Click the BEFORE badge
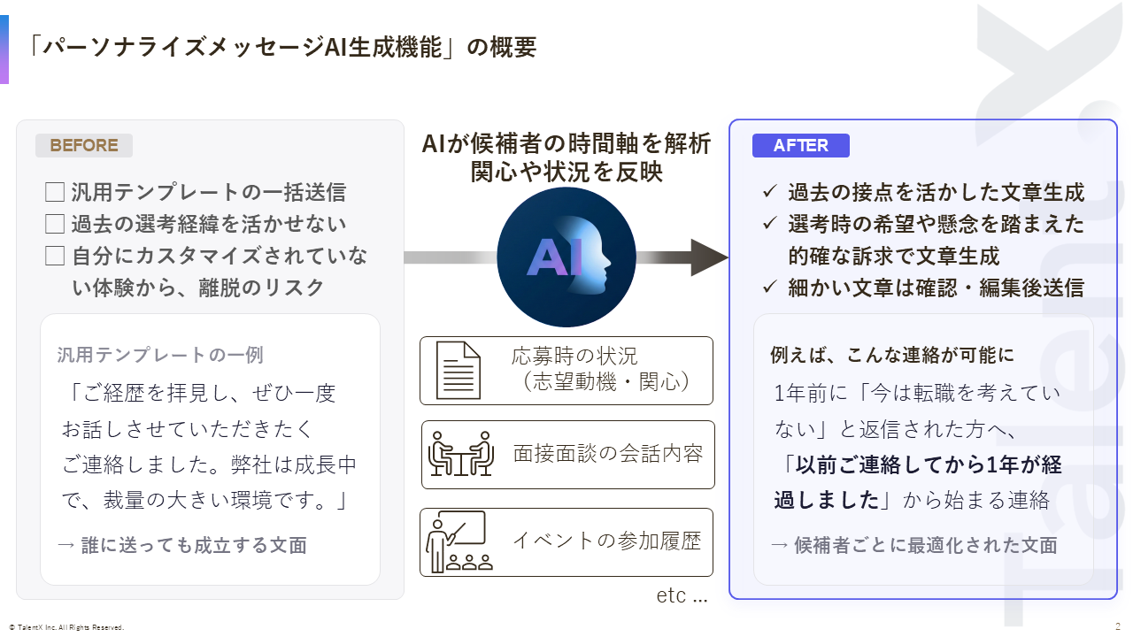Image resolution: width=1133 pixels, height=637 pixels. point(84,146)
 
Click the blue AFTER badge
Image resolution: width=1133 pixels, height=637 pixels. point(801,146)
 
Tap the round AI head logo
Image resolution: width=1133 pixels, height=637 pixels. point(566,257)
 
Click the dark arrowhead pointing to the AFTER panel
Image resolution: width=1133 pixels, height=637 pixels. point(709,257)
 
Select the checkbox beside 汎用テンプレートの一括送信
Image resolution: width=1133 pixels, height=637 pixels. point(55,192)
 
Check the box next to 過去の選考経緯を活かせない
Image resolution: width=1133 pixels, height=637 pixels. point(55,224)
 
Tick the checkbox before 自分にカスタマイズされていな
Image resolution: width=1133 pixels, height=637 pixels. point(55,256)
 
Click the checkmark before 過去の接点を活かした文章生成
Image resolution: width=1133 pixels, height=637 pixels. point(770,192)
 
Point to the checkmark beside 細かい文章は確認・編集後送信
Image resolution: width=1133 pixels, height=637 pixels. point(770,288)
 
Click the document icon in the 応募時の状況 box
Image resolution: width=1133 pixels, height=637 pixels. point(459,371)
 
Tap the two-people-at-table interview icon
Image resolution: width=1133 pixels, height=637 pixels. point(461,454)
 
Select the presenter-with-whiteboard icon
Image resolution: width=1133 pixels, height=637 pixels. point(459,541)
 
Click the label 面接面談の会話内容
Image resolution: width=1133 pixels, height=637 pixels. point(608,454)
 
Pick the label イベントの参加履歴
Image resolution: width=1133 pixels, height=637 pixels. point(607,541)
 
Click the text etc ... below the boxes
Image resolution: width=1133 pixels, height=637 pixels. point(682,595)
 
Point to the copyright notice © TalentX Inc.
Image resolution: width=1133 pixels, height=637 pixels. point(66,627)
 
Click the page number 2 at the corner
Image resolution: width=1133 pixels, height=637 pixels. point(1118,627)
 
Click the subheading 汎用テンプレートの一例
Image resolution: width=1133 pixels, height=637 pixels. point(160,355)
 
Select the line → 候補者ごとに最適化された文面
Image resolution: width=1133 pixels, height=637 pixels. point(914,545)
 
